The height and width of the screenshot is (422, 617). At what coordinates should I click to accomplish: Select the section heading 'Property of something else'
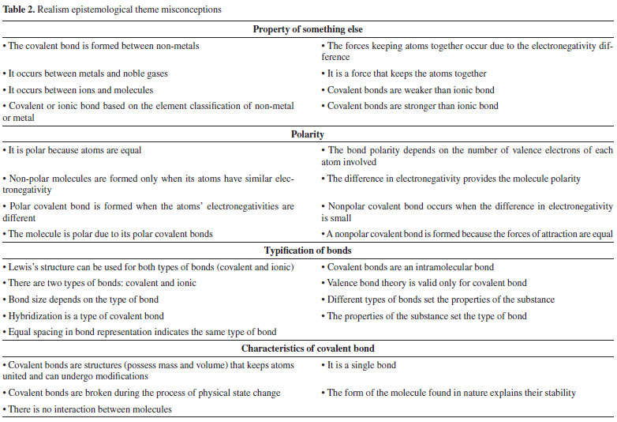pos(308,29)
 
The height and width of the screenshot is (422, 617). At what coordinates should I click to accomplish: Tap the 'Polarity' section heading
pos(308,134)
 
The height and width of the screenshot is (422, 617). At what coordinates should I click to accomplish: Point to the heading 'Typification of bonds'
pos(308,251)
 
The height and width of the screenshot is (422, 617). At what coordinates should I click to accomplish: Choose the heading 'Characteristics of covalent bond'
pos(308,348)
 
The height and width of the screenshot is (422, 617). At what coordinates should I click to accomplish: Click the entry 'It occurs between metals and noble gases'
pos(88,73)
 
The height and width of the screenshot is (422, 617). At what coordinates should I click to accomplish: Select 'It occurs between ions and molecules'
pos(80,90)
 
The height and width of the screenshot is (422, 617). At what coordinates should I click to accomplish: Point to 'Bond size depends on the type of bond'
pos(85,300)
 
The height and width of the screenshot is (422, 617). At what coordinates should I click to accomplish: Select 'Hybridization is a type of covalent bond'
pos(87,316)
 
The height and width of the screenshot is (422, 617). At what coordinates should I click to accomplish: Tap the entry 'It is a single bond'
pos(362,364)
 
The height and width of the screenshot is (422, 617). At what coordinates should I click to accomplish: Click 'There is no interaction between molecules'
pos(88,409)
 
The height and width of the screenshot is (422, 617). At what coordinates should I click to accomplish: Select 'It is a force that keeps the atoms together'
pos(410,73)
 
